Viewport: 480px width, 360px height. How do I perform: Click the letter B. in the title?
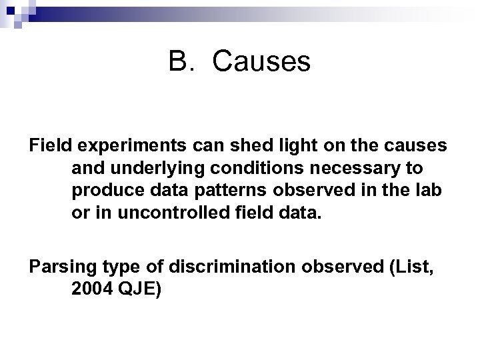[181, 63]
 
